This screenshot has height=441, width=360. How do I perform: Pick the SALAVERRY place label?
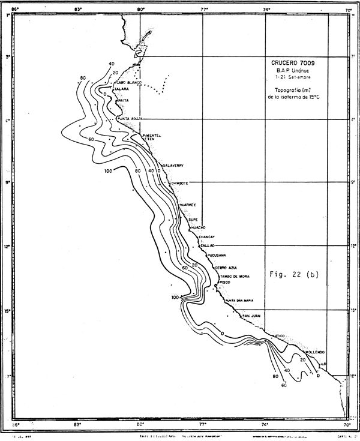click(x=172, y=165)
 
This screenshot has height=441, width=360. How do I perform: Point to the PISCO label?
click(x=225, y=281)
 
